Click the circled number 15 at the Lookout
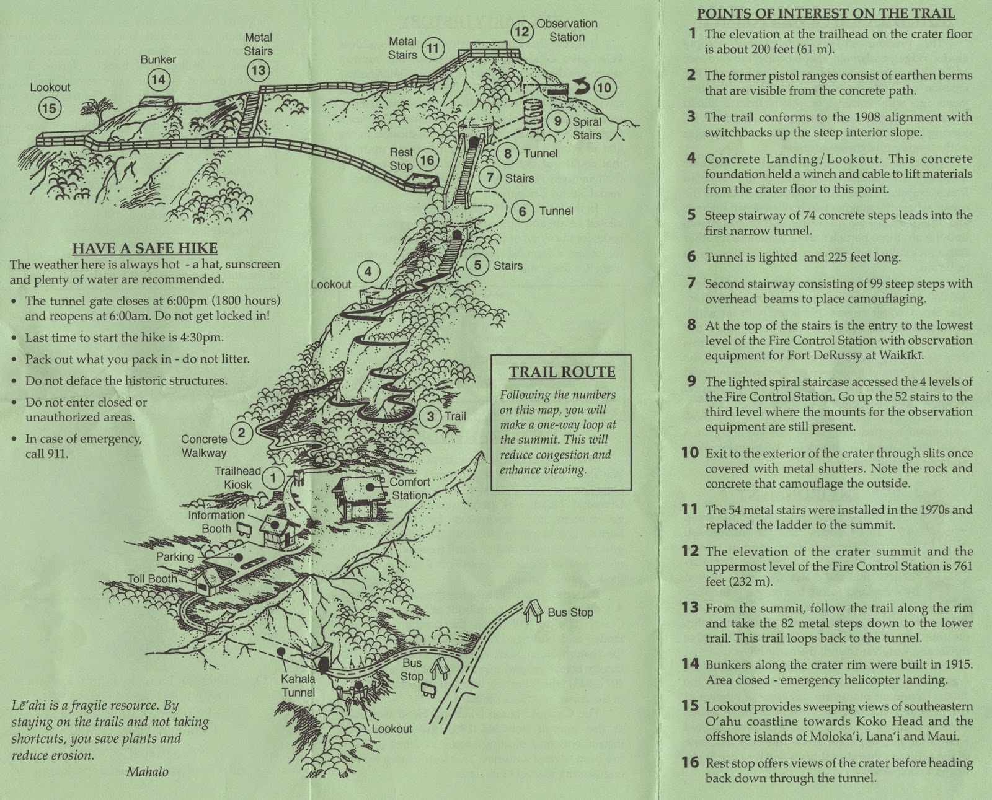[48, 108]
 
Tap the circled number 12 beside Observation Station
[522, 30]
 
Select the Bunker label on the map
[158, 59]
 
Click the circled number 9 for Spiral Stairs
[557, 121]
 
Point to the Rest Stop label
[401, 159]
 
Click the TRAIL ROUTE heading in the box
[562, 372]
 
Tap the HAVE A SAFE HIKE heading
[144, 248]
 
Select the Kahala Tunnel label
[298, 685]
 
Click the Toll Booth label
[153, 579]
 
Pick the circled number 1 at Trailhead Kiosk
[273, 477]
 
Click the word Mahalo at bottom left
[147, 771]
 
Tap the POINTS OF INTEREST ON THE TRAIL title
[826, 14]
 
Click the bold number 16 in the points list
[690, 763]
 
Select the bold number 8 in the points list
[691, 325]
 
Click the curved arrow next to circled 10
[580, 87]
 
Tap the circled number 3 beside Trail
[430, 416]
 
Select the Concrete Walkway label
[204, 446]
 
